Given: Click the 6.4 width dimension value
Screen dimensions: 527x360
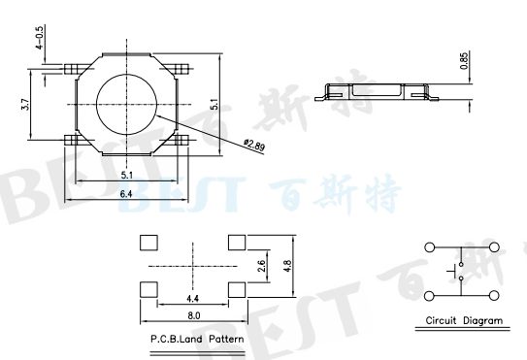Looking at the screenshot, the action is click(x=128, y=194).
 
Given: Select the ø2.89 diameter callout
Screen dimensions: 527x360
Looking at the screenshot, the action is click(x=253, y=146).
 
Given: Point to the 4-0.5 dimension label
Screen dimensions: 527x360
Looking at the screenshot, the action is click(x=39, y=39).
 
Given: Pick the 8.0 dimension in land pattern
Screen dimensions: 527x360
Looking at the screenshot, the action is click(x=193, y=315).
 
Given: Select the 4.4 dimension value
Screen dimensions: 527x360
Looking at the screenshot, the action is click(x=192, y=298).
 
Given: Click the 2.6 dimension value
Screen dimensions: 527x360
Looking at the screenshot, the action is click(x=261, y=265).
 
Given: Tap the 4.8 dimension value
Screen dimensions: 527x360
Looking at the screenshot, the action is click(x=287, y=265).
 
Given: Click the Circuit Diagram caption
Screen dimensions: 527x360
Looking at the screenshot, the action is click(x=465, y=320).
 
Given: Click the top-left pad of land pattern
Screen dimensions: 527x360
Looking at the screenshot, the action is click(x=148, y=242).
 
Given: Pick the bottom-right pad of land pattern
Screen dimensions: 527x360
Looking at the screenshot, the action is click(x=237, y=288).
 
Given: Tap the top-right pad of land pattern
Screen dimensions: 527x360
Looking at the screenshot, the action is click(x=237, y=242).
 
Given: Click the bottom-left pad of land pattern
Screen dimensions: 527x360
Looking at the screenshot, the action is click(x=148, y=288).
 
